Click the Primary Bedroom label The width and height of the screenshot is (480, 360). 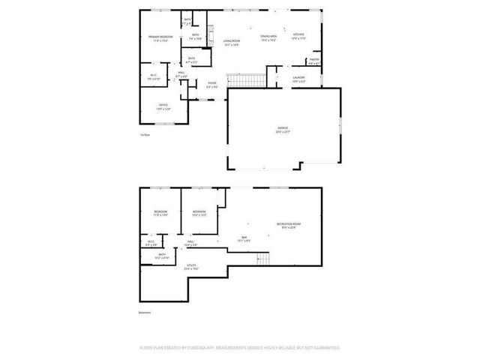(x=160, y=37)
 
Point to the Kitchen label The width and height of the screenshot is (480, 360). (x=298, y=35)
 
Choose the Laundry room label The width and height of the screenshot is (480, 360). (x=298, y=76)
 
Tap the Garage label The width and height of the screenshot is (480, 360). (x=282, y=129)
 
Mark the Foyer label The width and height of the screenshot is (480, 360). (x=213, y=84)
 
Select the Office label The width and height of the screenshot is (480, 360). (x=163, y=104)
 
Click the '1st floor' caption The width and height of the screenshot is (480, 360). (x=145, y=135)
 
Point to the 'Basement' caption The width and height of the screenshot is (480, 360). (x=145, y=312)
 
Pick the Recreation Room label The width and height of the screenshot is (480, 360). (x=287, y=224)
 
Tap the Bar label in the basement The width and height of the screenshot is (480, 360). (x=244, y=238)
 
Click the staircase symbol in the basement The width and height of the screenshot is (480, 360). (x=263, y=259)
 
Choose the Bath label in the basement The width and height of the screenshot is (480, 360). (x=162, y=255)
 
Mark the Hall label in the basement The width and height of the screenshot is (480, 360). (x=190, y=241)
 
